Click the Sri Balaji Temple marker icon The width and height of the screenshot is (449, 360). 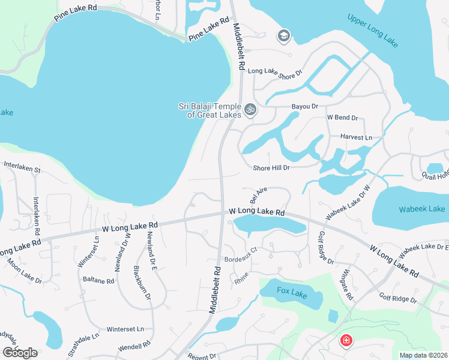point(250,110)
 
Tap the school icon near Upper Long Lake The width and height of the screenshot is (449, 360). point(283,37)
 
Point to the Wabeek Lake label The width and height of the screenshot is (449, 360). point(421,209)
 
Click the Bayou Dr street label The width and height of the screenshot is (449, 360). point(304,106)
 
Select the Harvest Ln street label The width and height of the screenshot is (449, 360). point(356,137)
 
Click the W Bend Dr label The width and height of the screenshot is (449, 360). point(342,118)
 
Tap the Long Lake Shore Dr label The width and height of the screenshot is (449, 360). point(275,73)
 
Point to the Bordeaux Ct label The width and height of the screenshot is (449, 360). point(240,261)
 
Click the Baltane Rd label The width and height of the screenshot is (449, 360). point(98,280)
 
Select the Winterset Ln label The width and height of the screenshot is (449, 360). point(125,329)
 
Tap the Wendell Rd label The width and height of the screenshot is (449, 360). point(134,346)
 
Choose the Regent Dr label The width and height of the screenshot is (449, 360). point(201,356)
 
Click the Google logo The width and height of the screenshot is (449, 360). point(20,353)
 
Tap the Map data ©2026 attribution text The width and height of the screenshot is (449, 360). point(424,355)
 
